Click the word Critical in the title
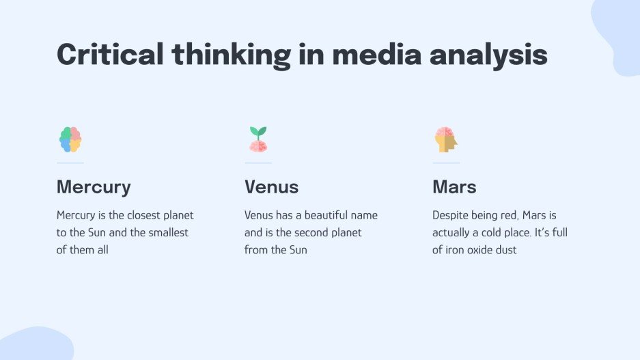[109, 54]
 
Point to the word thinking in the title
[231, 54]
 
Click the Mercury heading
[94, 186]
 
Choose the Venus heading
[271, 186]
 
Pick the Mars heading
[454, 186]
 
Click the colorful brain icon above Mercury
[70, 139]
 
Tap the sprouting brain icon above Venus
[258, 139]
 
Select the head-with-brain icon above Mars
[446, 139]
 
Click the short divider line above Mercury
[70, 163]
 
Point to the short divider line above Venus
[258, 163]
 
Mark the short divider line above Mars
[446, 163]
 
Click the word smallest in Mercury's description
[167, 232]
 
